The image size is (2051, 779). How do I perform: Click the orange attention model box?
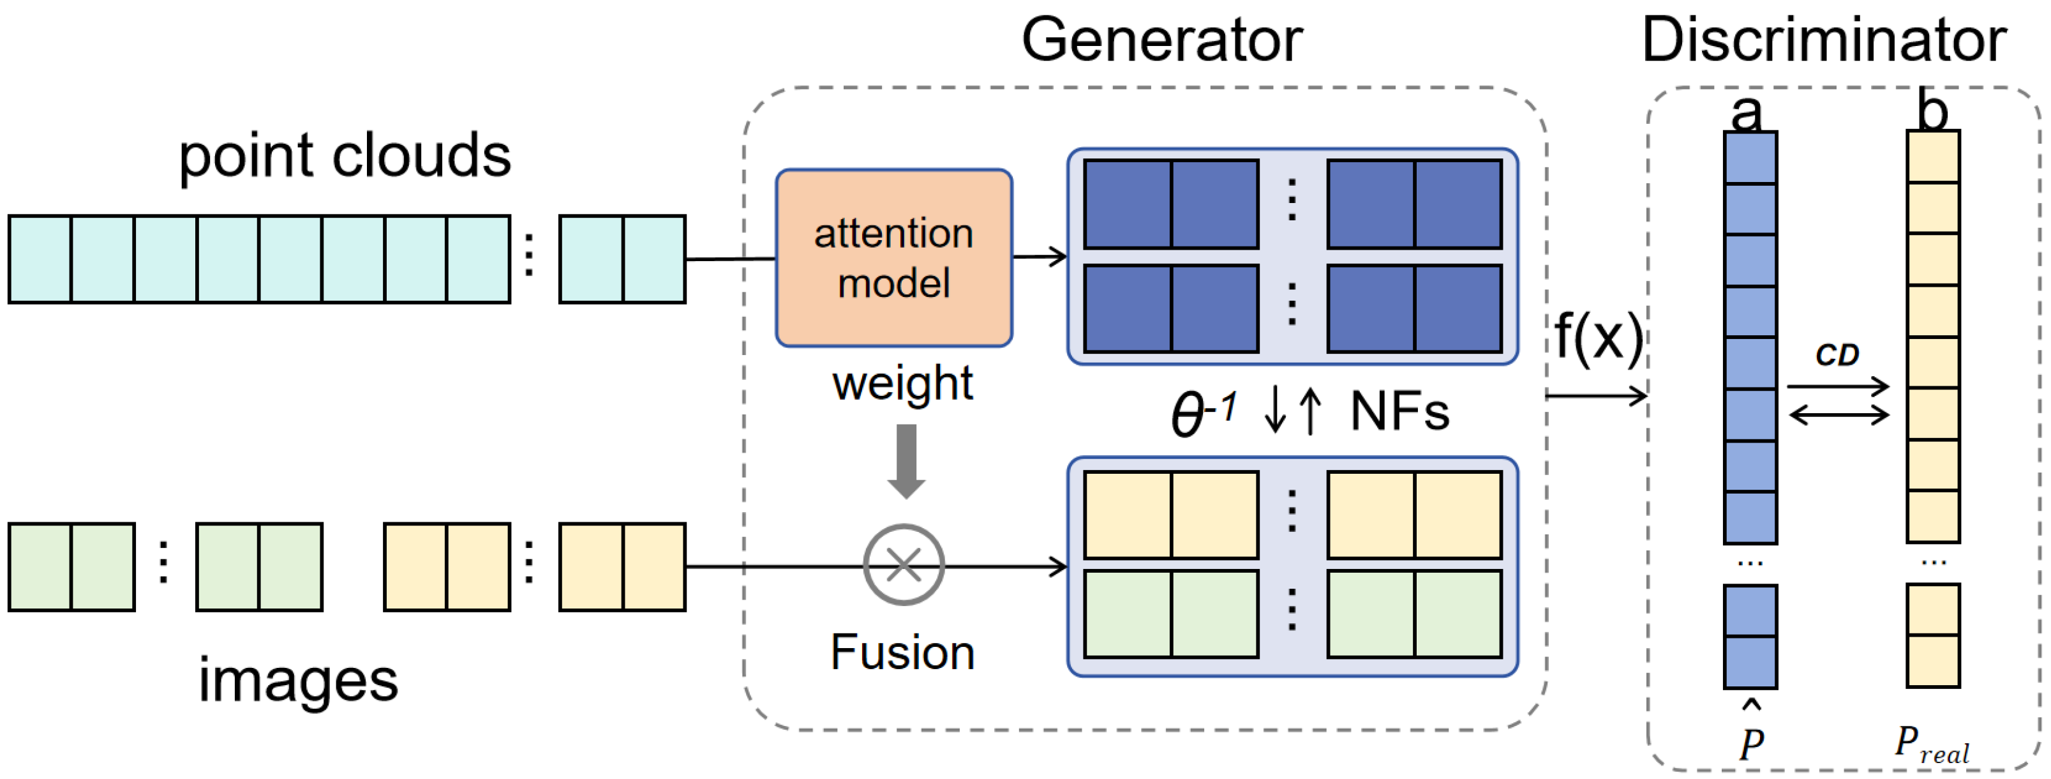[893, 257]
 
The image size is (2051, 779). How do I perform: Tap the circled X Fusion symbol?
[904, 564]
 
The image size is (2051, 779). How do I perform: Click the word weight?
[902, 383]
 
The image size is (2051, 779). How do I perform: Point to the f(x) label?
[1598, 338]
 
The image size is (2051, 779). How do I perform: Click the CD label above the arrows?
[1836, 354]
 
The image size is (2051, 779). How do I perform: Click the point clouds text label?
[344, 155]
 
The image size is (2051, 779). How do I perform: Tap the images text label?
[298, 681]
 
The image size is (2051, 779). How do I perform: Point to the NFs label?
[1399, 412]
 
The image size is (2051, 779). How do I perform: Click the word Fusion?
[902, 653]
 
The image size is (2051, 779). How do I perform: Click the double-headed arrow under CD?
[1838, 414]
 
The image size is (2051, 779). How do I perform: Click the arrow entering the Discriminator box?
[1597, 395]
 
